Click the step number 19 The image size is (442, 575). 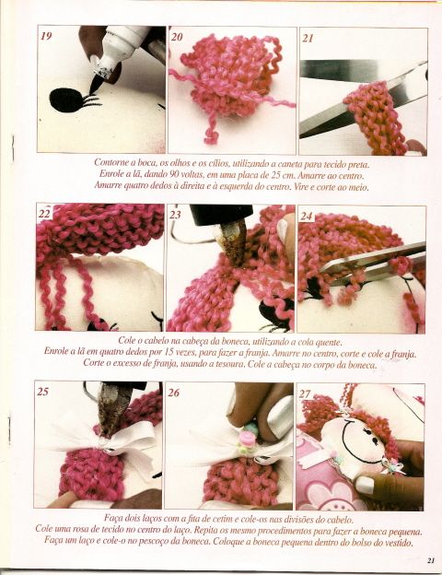[x=46, y=36]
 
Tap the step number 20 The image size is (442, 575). [x=177, y=37]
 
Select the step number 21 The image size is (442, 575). [x=308, y=38]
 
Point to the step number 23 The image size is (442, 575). [x=175, y=215]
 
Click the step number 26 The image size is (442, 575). [x=174, y=393]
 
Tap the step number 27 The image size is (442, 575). [x=305, y=393]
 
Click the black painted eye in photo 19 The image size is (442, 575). [x=66, y=100]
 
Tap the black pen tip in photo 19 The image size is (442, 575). [x=95, y=85]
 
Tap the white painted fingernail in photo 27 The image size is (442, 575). [x=365, y=485]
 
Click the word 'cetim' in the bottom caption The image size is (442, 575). [x=219, y=520]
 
